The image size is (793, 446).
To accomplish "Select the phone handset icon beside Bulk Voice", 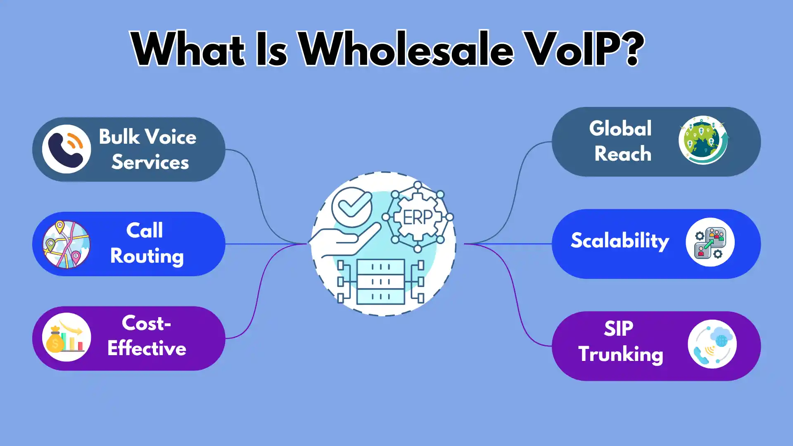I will click(66, 149).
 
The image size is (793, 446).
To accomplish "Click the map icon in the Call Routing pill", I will click(66, 244).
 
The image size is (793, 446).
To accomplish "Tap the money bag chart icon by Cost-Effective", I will click(66, 338).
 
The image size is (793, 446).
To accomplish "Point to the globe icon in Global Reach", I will click(703, 140).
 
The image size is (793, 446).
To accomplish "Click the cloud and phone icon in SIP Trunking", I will click(712, 344).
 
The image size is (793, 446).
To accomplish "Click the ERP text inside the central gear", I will click(418, 218).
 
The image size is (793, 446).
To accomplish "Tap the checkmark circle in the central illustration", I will click(352, 206).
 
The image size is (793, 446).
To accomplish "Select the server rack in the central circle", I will click(380, 282).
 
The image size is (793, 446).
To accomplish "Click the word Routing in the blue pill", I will click(147, 256).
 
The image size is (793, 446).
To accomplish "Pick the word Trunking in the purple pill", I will click(621, 354).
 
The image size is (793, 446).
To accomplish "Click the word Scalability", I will click(620, 241).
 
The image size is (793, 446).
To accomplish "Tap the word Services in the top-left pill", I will click(150, 162).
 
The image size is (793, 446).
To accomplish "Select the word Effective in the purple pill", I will click(147, 348).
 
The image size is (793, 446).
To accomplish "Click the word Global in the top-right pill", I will click(620, 128).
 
